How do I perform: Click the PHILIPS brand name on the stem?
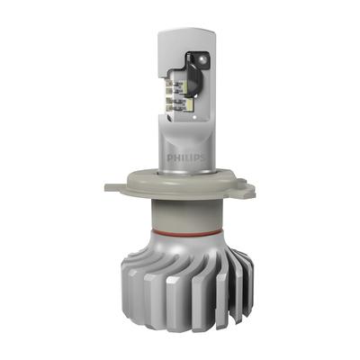point(185,158)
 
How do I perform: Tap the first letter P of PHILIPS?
point(169,158)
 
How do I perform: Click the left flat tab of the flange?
point(115,187)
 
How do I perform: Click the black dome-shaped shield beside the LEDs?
point(195,77)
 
